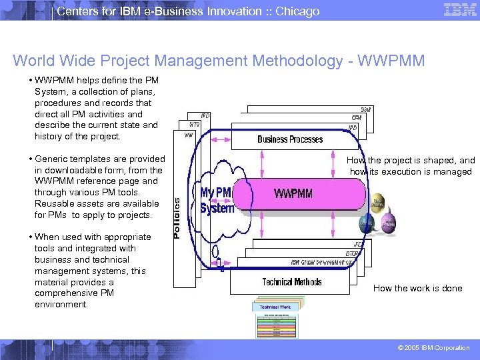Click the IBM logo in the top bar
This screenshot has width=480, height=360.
[x=459, y=10]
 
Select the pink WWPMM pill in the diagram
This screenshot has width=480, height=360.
[x=293, y=195]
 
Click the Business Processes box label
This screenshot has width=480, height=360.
[x=290, y=139]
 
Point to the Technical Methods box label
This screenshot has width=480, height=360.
[x=292, y=282]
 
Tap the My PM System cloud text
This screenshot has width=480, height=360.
[x=217, y=200]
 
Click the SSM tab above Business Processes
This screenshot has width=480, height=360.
[x=366, y=109]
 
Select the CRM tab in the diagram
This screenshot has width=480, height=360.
[x=357, y=118]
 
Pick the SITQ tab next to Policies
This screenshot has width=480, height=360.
[x=194, y=125]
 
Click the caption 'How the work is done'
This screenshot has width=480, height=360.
[x=417, y=289]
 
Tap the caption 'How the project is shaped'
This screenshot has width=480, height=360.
[x=411, y=161]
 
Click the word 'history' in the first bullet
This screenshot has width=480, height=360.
[x=49, y=137]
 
